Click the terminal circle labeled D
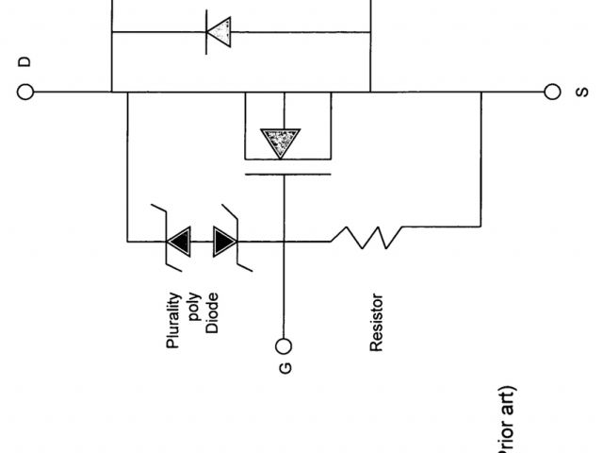pos(25,92)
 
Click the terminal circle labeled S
pos(552,92)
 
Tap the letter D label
pos(24,61)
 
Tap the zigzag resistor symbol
pos(368,240)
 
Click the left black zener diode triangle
pos(176,241)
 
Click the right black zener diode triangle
pos(224,241)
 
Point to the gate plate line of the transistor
pos(287,174)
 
